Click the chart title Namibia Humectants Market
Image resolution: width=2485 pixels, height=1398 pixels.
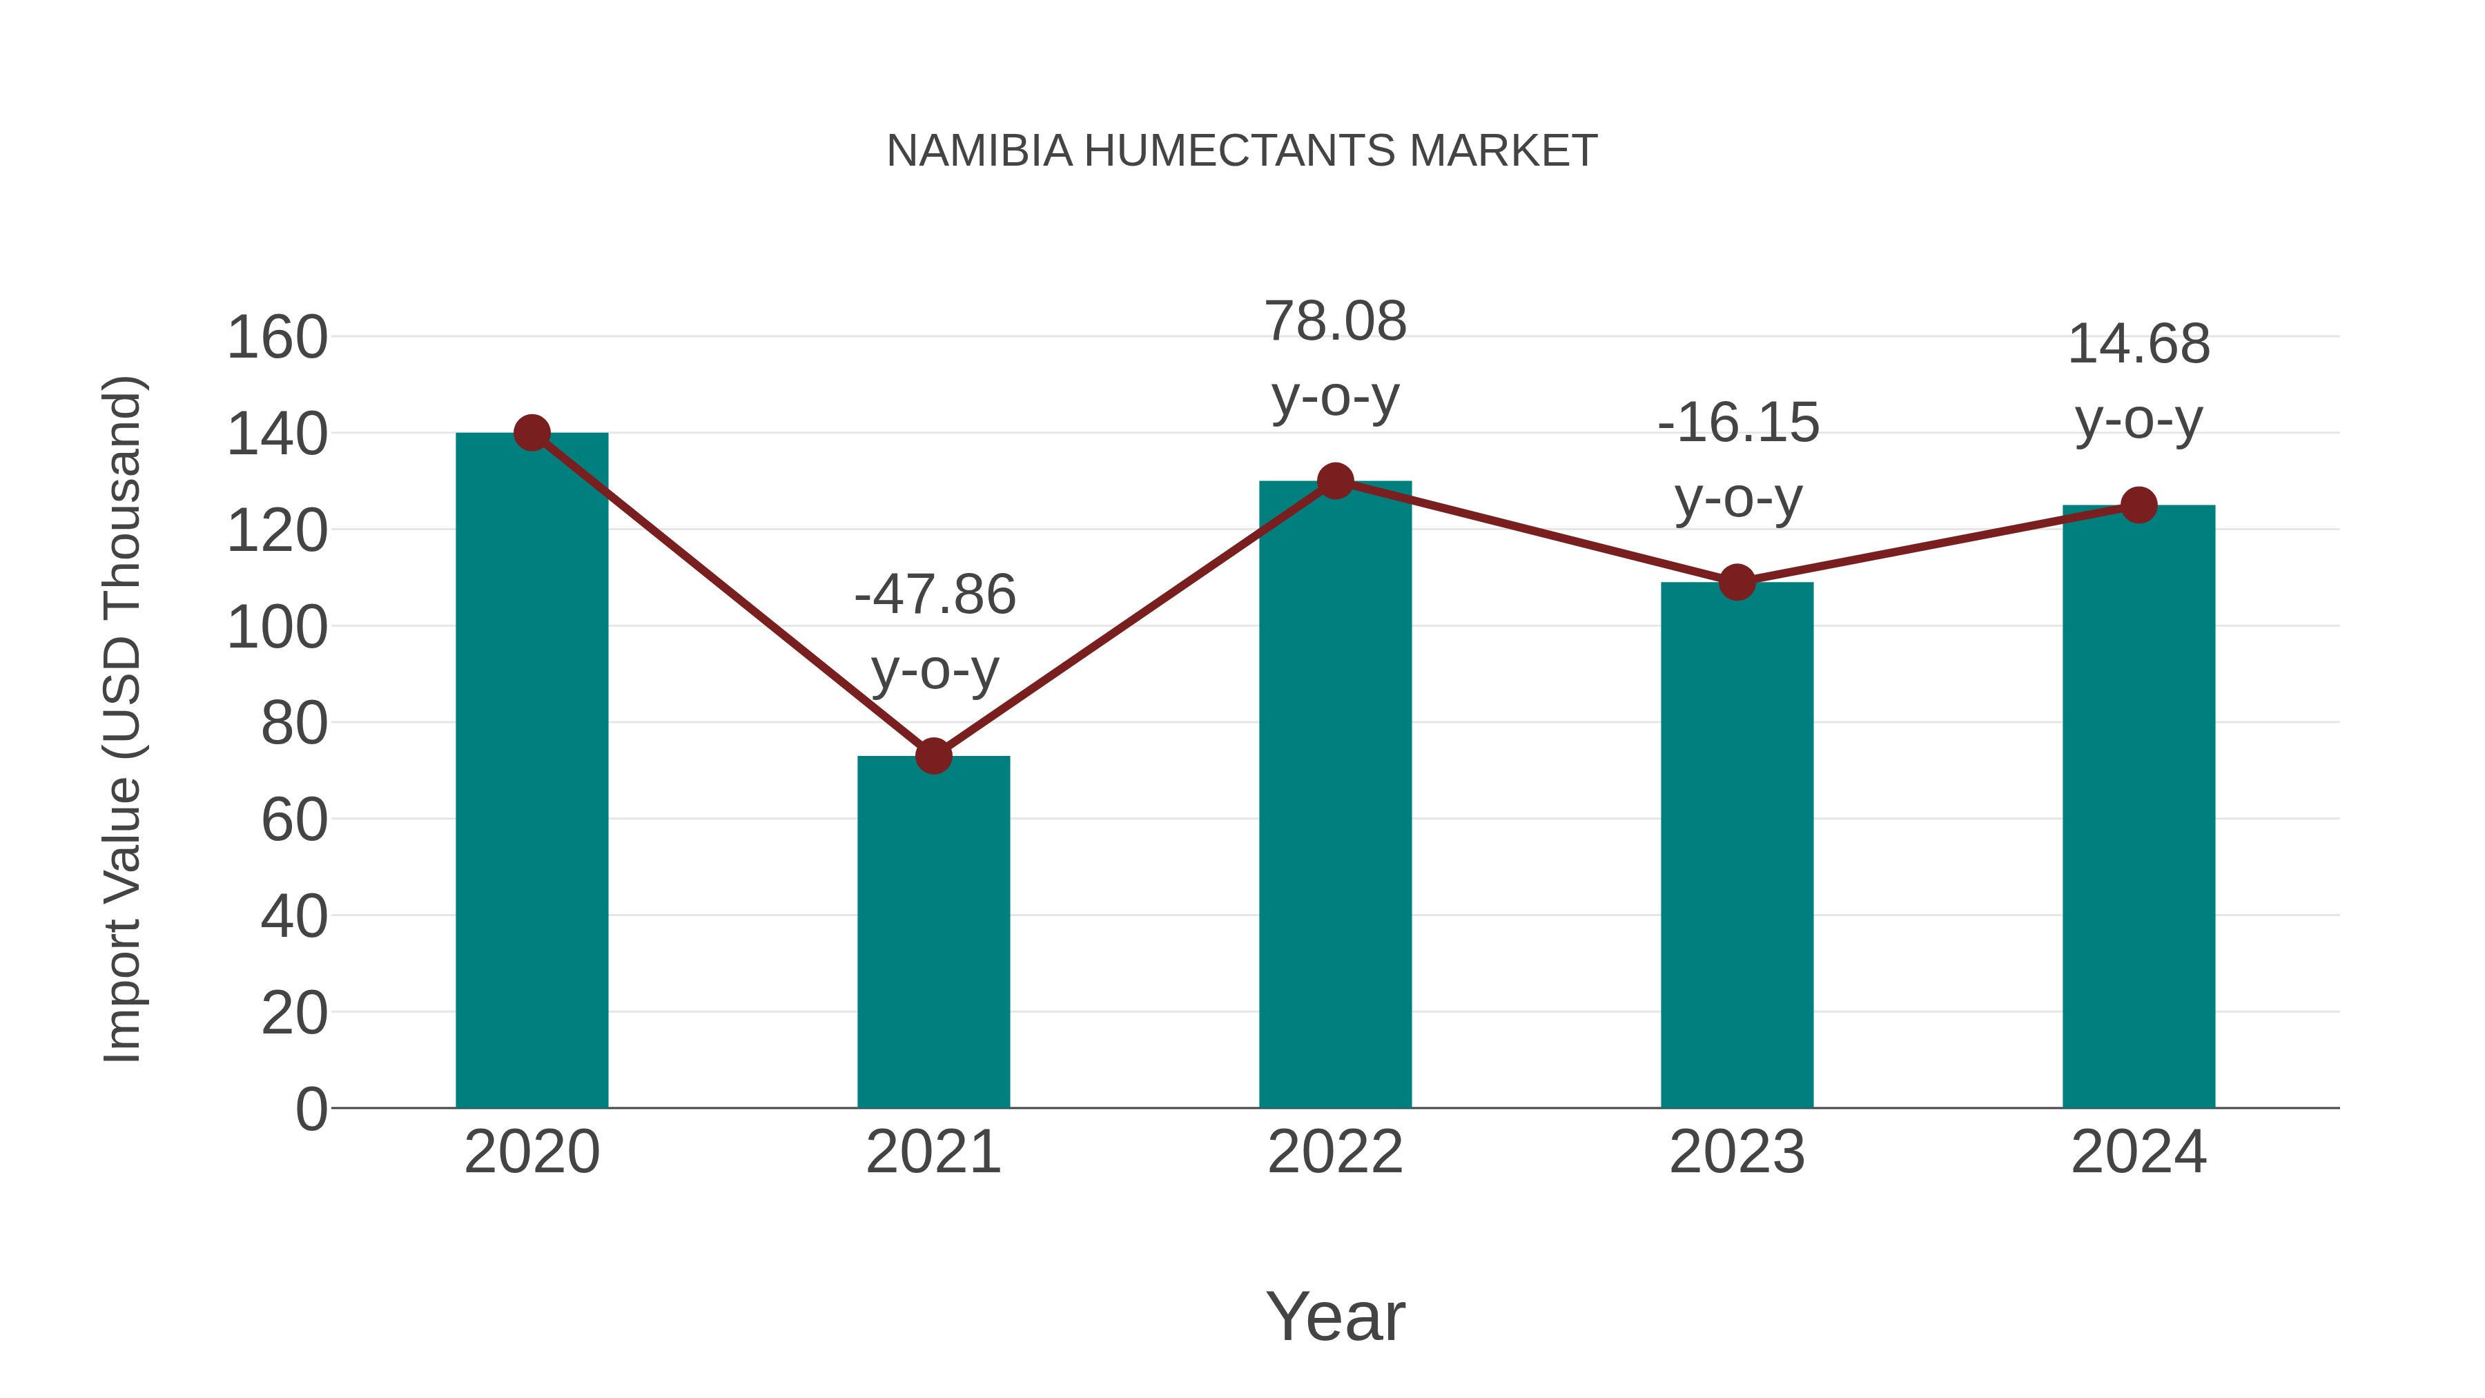tap(1242, 151)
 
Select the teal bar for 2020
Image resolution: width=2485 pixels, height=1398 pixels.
tap(532, 772)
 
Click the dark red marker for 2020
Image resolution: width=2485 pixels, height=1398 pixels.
tap(532, 433)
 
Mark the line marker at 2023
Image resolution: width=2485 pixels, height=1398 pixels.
tap(1737, 582)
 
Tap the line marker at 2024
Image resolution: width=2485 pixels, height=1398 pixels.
tap(2138, 505)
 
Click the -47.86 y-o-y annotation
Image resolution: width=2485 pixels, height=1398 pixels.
tap(935, 631)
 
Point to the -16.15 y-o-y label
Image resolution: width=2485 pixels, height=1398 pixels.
tap(1738, 460)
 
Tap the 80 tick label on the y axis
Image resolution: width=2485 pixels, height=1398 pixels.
tap(293, 723)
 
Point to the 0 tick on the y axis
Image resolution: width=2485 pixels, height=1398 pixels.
tap(311, 1109)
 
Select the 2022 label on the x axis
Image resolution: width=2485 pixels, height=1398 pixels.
tap(1335, 1152)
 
